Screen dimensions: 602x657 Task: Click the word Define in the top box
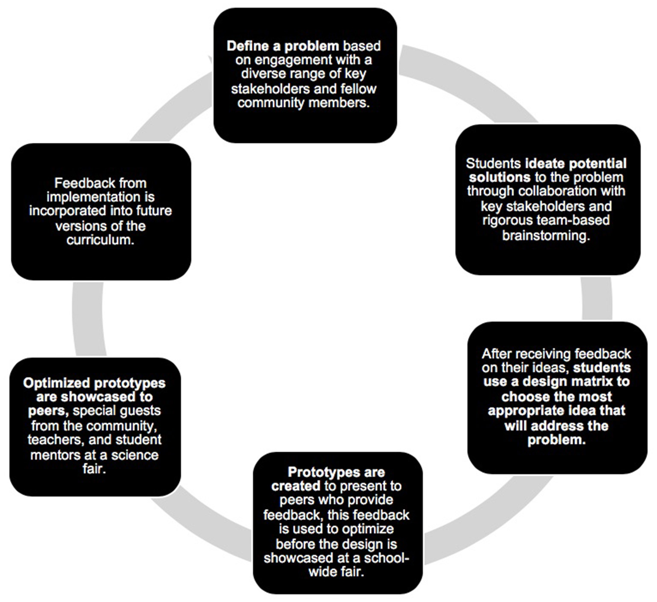click(x=247, y=46)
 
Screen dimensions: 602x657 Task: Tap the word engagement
click(x=285, y=60)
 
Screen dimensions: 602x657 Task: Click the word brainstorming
click(x=546, y=235)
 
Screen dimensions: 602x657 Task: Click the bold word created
click(x=296, y=486)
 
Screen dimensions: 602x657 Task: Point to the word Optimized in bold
click(x=56, y=383)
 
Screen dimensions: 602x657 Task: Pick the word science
click(x=134, y=455)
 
